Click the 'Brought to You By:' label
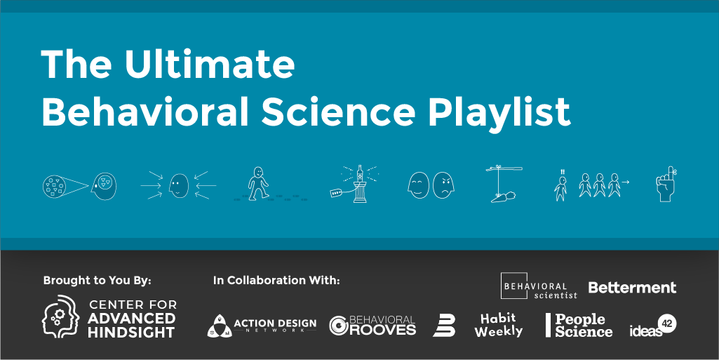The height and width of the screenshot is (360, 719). (x=97, y=281)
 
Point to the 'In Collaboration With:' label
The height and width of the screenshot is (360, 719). (x=276, y=281)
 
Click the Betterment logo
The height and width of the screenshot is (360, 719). (x=632, y=288)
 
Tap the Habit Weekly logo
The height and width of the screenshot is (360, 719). (x=499, y=324)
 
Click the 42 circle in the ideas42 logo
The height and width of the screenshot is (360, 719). (x=667, y=323)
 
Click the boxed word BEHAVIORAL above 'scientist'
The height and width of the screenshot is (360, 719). (x=535, y=286)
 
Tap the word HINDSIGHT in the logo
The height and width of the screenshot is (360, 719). (x=132, y=333)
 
